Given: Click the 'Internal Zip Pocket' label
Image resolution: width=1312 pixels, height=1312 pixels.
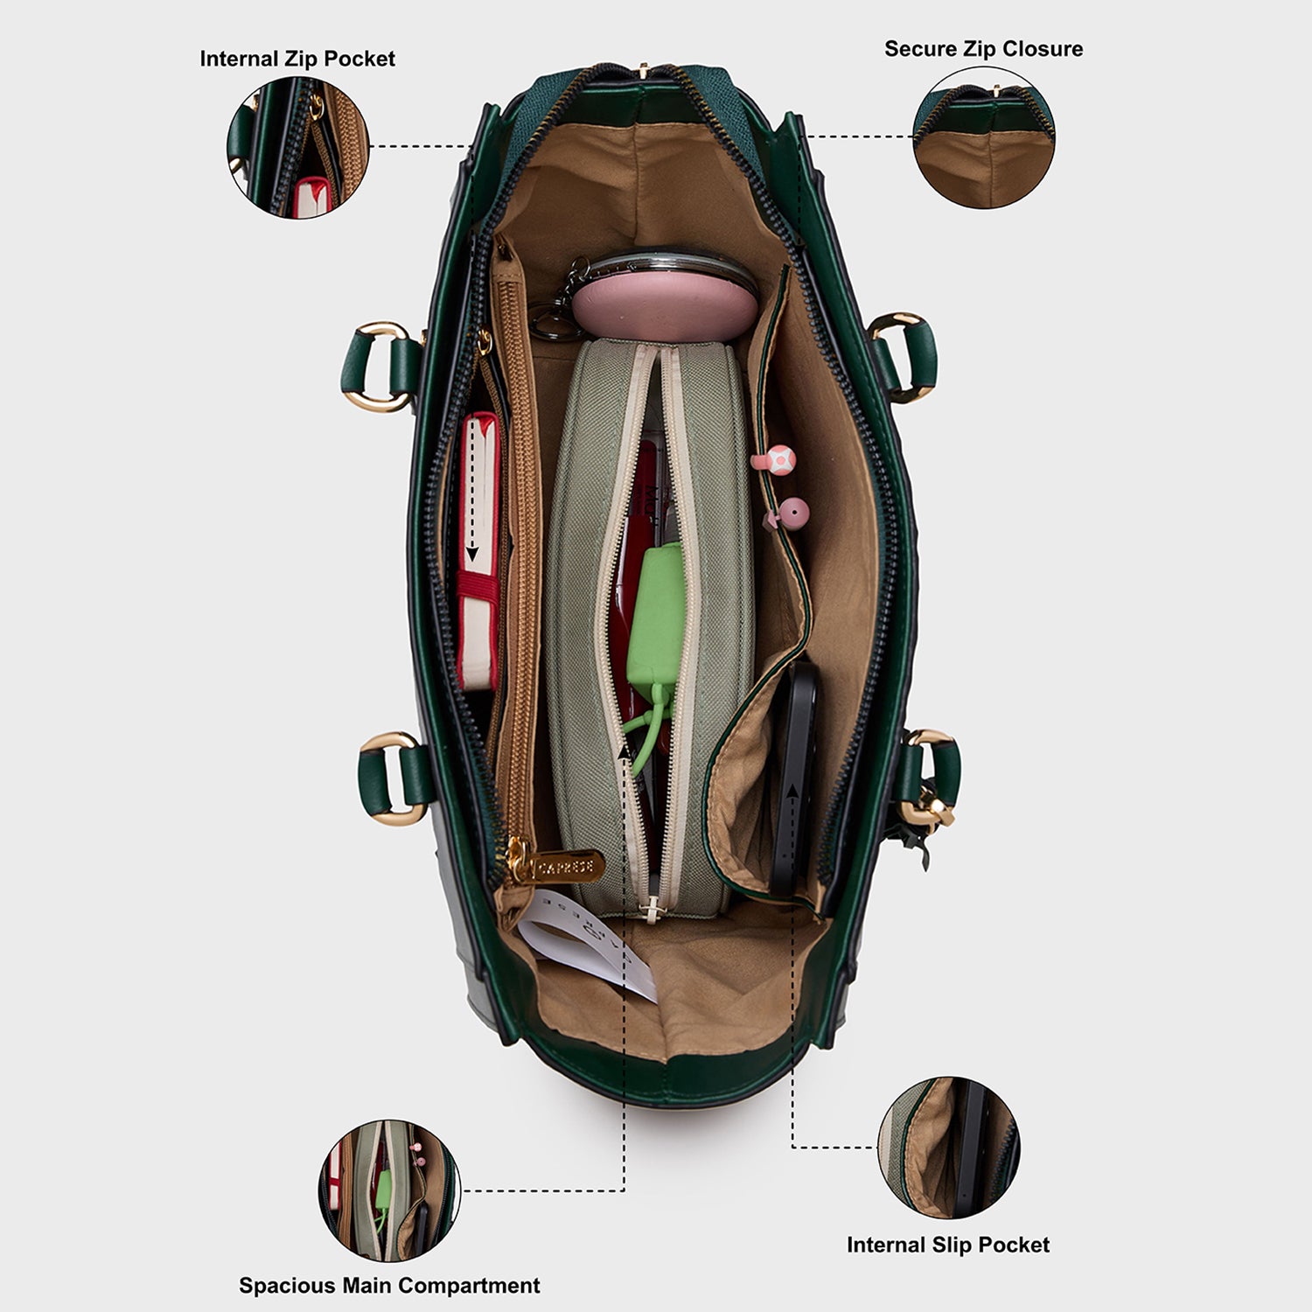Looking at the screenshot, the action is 297,59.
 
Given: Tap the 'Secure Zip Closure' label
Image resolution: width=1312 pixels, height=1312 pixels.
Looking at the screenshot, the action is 983,49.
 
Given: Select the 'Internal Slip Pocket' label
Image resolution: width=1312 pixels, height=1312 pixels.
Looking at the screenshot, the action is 948,1245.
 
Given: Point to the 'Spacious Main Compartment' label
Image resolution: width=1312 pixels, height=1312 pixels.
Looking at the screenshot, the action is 389,1286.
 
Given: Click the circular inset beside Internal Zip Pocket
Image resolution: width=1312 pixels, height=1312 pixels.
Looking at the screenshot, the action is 298,147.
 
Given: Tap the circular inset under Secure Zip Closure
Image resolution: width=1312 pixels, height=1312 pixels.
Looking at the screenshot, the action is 984,137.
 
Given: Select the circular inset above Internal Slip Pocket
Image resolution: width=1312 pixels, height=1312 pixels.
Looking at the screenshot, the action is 949,1148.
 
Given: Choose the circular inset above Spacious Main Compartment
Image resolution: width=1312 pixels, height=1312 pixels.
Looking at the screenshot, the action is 389,1190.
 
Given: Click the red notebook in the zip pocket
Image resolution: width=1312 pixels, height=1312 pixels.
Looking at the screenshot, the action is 479,551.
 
